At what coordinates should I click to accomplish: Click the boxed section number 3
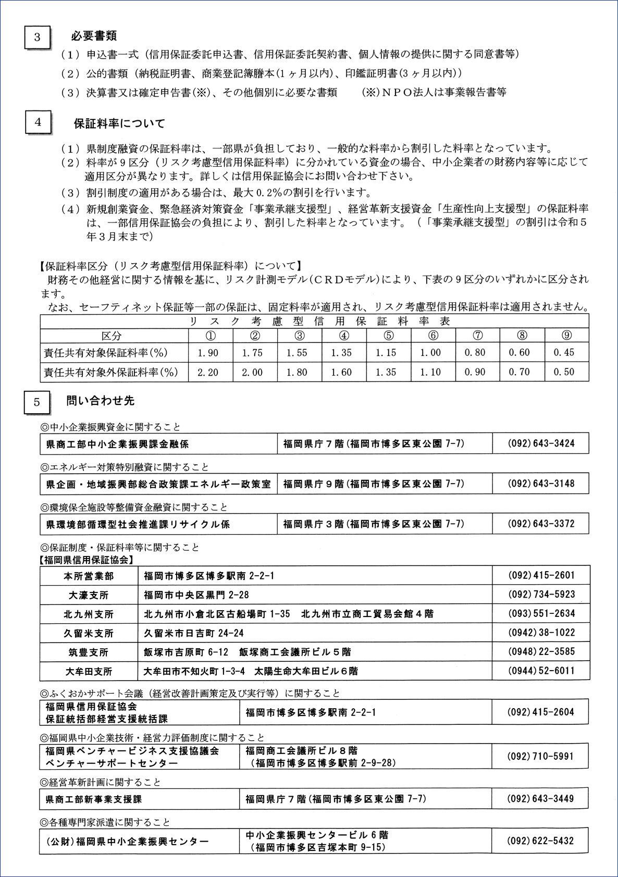(x=37, y=37)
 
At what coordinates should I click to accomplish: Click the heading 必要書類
(x=94, y=36)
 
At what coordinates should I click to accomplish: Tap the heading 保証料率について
(x=119, y=124)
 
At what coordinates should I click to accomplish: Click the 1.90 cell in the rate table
(x=208, y=353)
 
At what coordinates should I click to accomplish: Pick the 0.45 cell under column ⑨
(x=564, y=353)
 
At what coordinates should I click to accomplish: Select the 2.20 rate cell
(x=208, y=372)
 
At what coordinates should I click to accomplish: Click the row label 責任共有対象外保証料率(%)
(x=110, y=372)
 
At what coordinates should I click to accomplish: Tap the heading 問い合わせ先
(x=101, y=401)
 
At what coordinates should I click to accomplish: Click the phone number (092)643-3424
(x=541, y=443)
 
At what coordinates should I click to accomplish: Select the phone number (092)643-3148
(x=541, y=484)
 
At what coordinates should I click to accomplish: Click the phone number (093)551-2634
(x=541, y=614)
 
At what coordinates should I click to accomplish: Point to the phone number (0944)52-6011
(x=541, y=671)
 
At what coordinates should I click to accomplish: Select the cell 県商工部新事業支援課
(x=94, y=799)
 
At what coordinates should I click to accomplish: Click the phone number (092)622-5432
(x=541, y=841)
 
